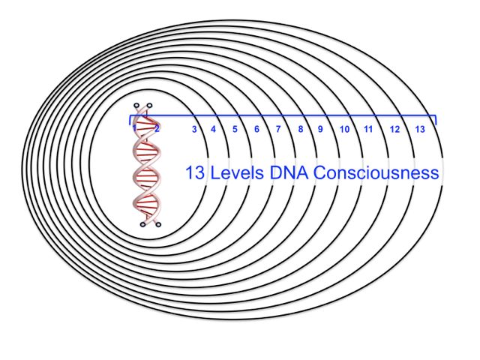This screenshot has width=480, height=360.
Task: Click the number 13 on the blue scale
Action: coord(420,129)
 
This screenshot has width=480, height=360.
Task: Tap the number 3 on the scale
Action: coord(194,129)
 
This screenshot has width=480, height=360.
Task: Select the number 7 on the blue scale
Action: coord(278,129)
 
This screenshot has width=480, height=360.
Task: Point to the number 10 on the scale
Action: coord(344,129)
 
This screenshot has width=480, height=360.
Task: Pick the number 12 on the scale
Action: coord(394,129)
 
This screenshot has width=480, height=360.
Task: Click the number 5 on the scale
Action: coord(235,129)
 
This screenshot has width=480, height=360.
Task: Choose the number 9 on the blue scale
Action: coord(320,129)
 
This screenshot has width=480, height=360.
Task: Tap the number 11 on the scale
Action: coord(368,129)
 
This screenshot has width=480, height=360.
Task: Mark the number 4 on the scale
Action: coord(213,129)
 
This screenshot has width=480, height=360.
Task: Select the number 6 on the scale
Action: coord(256,129)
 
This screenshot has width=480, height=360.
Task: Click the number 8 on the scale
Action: coord(301,129)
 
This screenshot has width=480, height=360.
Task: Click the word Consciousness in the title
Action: coord(376,172)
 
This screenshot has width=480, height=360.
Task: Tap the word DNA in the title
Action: coord(289,172)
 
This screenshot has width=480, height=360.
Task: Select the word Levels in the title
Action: coord(237,172)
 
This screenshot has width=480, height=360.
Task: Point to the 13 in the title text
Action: coord(195,172)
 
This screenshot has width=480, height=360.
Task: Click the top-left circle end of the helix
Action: coord(136,106)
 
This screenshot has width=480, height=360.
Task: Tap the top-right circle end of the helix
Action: coord(149,106)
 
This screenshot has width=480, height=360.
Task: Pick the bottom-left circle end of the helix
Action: coord(142,225)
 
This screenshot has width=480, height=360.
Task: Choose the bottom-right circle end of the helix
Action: coord(158,225)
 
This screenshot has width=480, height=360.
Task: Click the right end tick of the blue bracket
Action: coord(436,120)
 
